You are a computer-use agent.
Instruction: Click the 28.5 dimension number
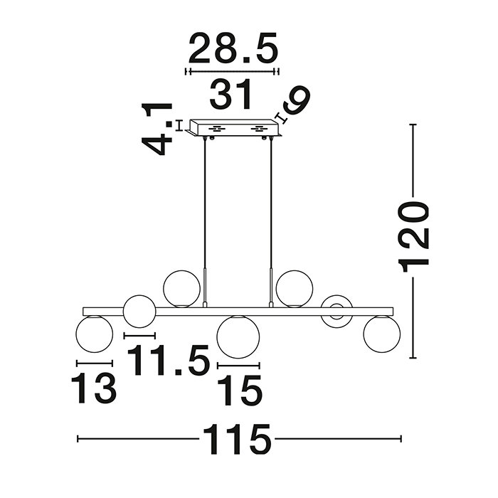point(233,48)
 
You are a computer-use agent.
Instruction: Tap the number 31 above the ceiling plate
point(231,94)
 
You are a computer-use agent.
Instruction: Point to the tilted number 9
point(297,100)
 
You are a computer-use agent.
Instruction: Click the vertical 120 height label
point(415,236)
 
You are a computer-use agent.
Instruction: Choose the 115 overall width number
point(237,439)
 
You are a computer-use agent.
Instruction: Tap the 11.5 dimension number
point(169,360)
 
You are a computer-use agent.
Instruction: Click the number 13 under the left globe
point(94,388)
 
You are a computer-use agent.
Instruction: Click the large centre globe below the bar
point(238,337)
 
